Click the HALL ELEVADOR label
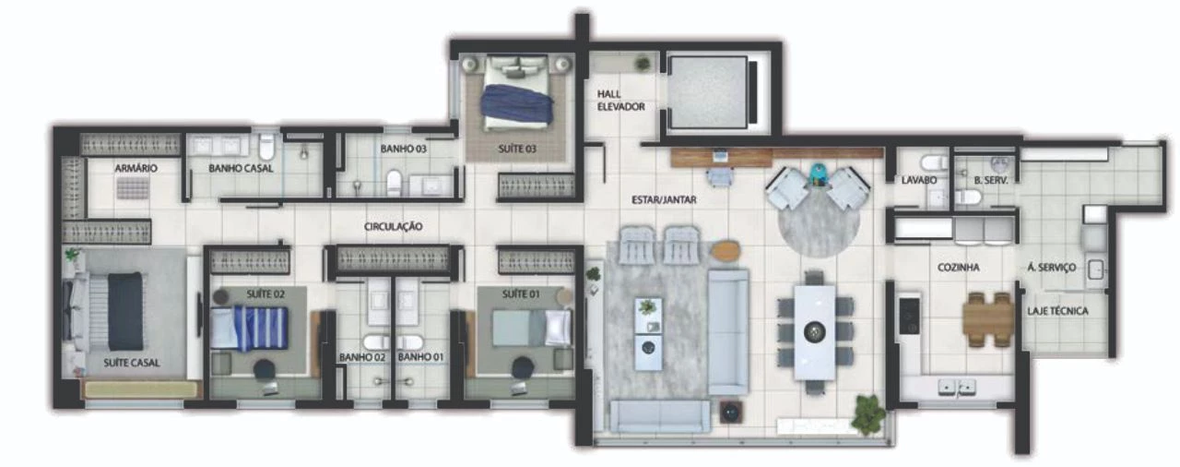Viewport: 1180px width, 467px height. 620,101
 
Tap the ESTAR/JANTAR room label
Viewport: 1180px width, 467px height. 664,199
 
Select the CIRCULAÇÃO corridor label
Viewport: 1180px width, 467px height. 393,226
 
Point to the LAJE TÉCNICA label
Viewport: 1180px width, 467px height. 1057,311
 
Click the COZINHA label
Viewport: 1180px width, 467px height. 958,268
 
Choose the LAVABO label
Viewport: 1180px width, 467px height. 919,180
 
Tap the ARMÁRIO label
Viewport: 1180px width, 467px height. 136,168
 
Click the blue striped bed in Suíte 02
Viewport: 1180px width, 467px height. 249,328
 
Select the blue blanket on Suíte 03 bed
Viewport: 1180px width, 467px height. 517,104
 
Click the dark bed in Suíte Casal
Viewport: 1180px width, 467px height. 125,311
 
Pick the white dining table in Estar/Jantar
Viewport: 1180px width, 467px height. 815,332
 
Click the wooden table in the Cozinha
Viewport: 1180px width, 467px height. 989,319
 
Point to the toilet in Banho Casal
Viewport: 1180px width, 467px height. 267,146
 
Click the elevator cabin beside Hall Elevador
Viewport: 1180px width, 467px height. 709,93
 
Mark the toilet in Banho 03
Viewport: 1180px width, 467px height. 394,183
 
